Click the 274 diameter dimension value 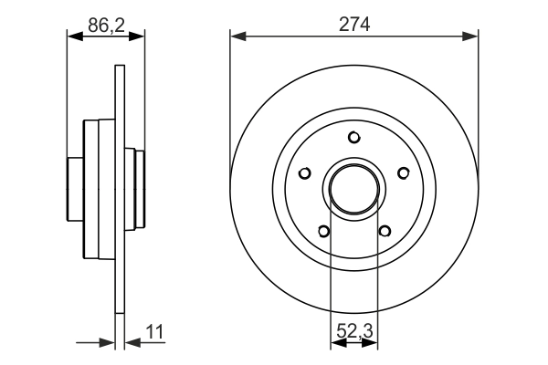pyautogui.click(x=354, y=26)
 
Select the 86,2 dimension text pyautogui.click(x=106, y=26)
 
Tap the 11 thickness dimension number pyautogui.click(x=154, y=332)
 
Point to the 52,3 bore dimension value pyautogui.click(x=354, y=331)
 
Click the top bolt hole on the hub pyautogui.click(x=354, y=137)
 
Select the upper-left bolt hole pyautogui.click(x=305, y=172)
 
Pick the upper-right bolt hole pyautogui.click(x=404, y=172)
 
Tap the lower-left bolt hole pyautogui.click(x=324, y=231)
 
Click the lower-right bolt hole pyautogui.click(x=385, y=231)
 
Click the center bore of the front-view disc pyautogui.click(x=354, y=189)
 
